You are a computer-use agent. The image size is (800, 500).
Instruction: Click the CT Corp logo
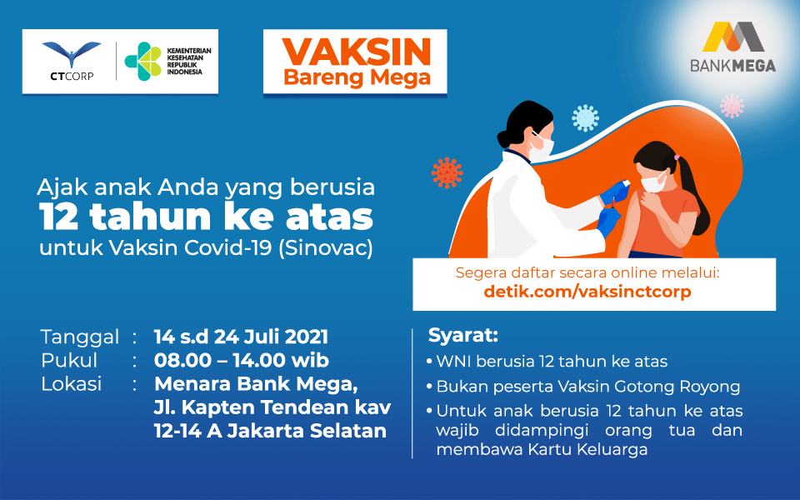[72, 61]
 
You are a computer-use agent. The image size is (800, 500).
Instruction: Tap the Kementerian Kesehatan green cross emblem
[142, 61]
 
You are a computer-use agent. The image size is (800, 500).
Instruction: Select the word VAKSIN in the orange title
[357, 52]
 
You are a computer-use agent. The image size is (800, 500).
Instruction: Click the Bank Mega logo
[732, 47]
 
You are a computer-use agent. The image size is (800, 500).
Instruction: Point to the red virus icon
[447, 173]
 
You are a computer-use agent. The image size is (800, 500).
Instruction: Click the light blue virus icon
[585, 117]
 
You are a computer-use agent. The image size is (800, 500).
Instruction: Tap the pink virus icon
[732, 106]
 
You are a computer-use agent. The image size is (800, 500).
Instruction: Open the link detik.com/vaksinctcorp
[587, 292]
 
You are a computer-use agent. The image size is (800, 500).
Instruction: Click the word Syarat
[462, 335]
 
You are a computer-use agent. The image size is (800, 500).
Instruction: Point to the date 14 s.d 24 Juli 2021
[241, 337]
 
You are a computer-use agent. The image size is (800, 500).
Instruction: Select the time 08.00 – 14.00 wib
[242, 360]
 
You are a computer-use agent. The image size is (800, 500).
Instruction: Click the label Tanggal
[80, 337]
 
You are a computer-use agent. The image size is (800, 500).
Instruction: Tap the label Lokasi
[72, 383]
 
